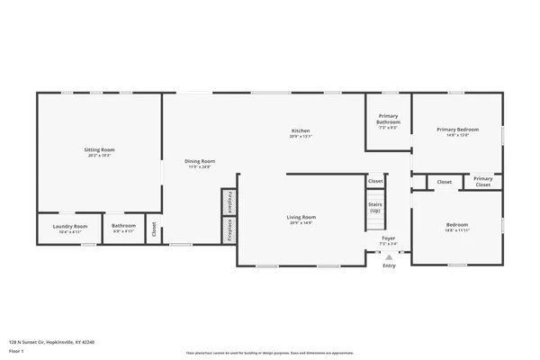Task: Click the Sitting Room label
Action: coord(100,149)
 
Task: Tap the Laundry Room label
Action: coord(69,226)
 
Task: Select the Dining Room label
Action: coord(200,161)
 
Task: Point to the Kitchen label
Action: coord(301,131)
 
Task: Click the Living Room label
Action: coord(301,217)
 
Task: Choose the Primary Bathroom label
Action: coord(388,119)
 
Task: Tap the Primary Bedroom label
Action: coord(457,130)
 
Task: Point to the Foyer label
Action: coord(388,238)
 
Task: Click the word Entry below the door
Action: coord(389,265)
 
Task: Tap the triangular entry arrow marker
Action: coord(389,256)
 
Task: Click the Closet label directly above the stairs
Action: coord(375,181)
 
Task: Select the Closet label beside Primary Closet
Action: coord(445,182)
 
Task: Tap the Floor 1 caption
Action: coord(17,350)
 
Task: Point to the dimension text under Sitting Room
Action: coord(100,156)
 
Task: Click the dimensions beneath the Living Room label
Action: coord(301,222)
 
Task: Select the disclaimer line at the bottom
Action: coord(270,352)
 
